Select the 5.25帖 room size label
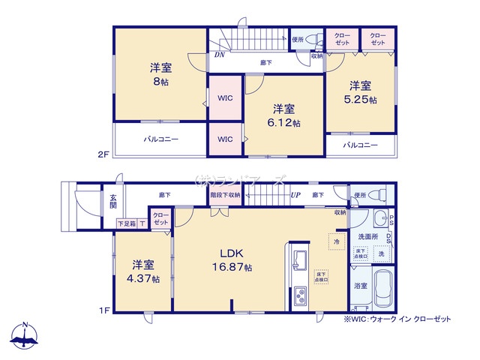(361, 99)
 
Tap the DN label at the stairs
(219, 55)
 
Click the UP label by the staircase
(295, 195)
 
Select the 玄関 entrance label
(113, 201)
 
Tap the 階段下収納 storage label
(224, 195)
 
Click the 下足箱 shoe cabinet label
(126, 223)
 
